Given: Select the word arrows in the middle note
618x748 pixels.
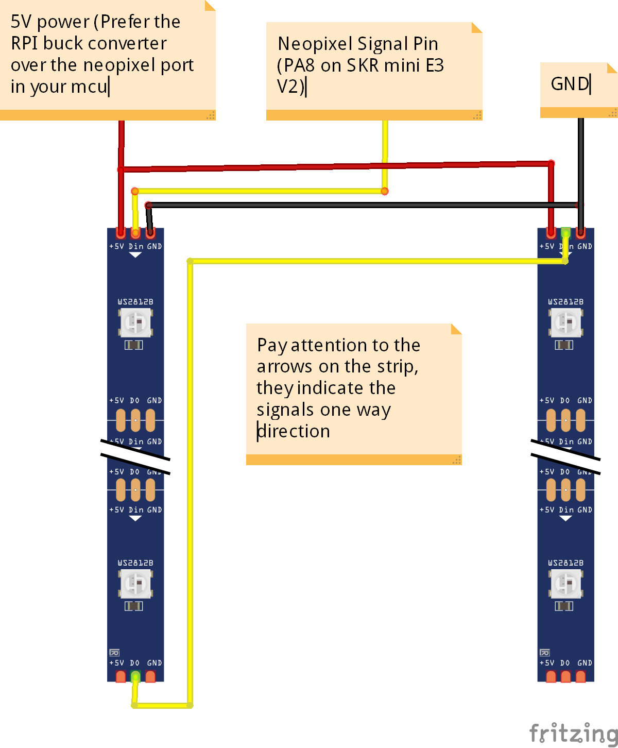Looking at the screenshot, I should (284, 366).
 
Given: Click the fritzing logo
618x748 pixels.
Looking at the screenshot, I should (573, 732).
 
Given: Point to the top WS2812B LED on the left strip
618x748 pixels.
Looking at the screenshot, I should (135, 323).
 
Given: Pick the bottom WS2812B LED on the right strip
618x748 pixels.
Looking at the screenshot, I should (566, 584).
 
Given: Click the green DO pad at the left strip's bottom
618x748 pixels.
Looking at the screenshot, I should (135, 676).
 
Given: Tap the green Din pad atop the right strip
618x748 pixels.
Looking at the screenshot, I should (565, 233).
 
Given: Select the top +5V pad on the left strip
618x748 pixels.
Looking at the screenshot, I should (121, 233).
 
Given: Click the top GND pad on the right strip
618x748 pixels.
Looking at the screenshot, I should (580, 233).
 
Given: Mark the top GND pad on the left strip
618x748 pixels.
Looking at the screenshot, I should (150, 233).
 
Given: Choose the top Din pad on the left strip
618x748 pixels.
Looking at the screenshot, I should (135, 233).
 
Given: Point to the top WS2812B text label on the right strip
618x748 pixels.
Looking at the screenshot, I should (566, 302).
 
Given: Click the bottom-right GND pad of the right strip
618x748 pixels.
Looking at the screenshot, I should (581, 676).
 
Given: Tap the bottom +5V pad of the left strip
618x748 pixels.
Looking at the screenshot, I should (121, 676).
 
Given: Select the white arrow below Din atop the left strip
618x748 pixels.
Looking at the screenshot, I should (135, 255).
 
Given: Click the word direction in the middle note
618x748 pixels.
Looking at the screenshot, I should (294, 431).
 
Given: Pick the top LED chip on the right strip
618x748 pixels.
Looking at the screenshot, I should (566, 323).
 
